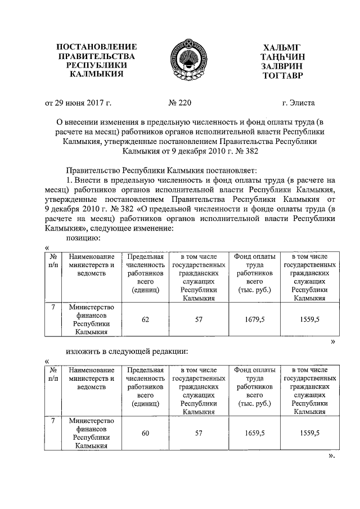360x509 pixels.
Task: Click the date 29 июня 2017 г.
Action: pyautogui.click(x=79, y=103)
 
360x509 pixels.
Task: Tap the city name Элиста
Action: pyautogui.click(x=299, y=103)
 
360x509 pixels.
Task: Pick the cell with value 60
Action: pyautogui.click(x=146, y=433)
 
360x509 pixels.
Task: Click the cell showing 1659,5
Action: pyautogui.click(x=255, y=433)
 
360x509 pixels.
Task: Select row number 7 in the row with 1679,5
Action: pyautogui.click(x=53, y=308)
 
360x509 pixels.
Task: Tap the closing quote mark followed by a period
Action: pyautogui.click(x=332, y=455)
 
